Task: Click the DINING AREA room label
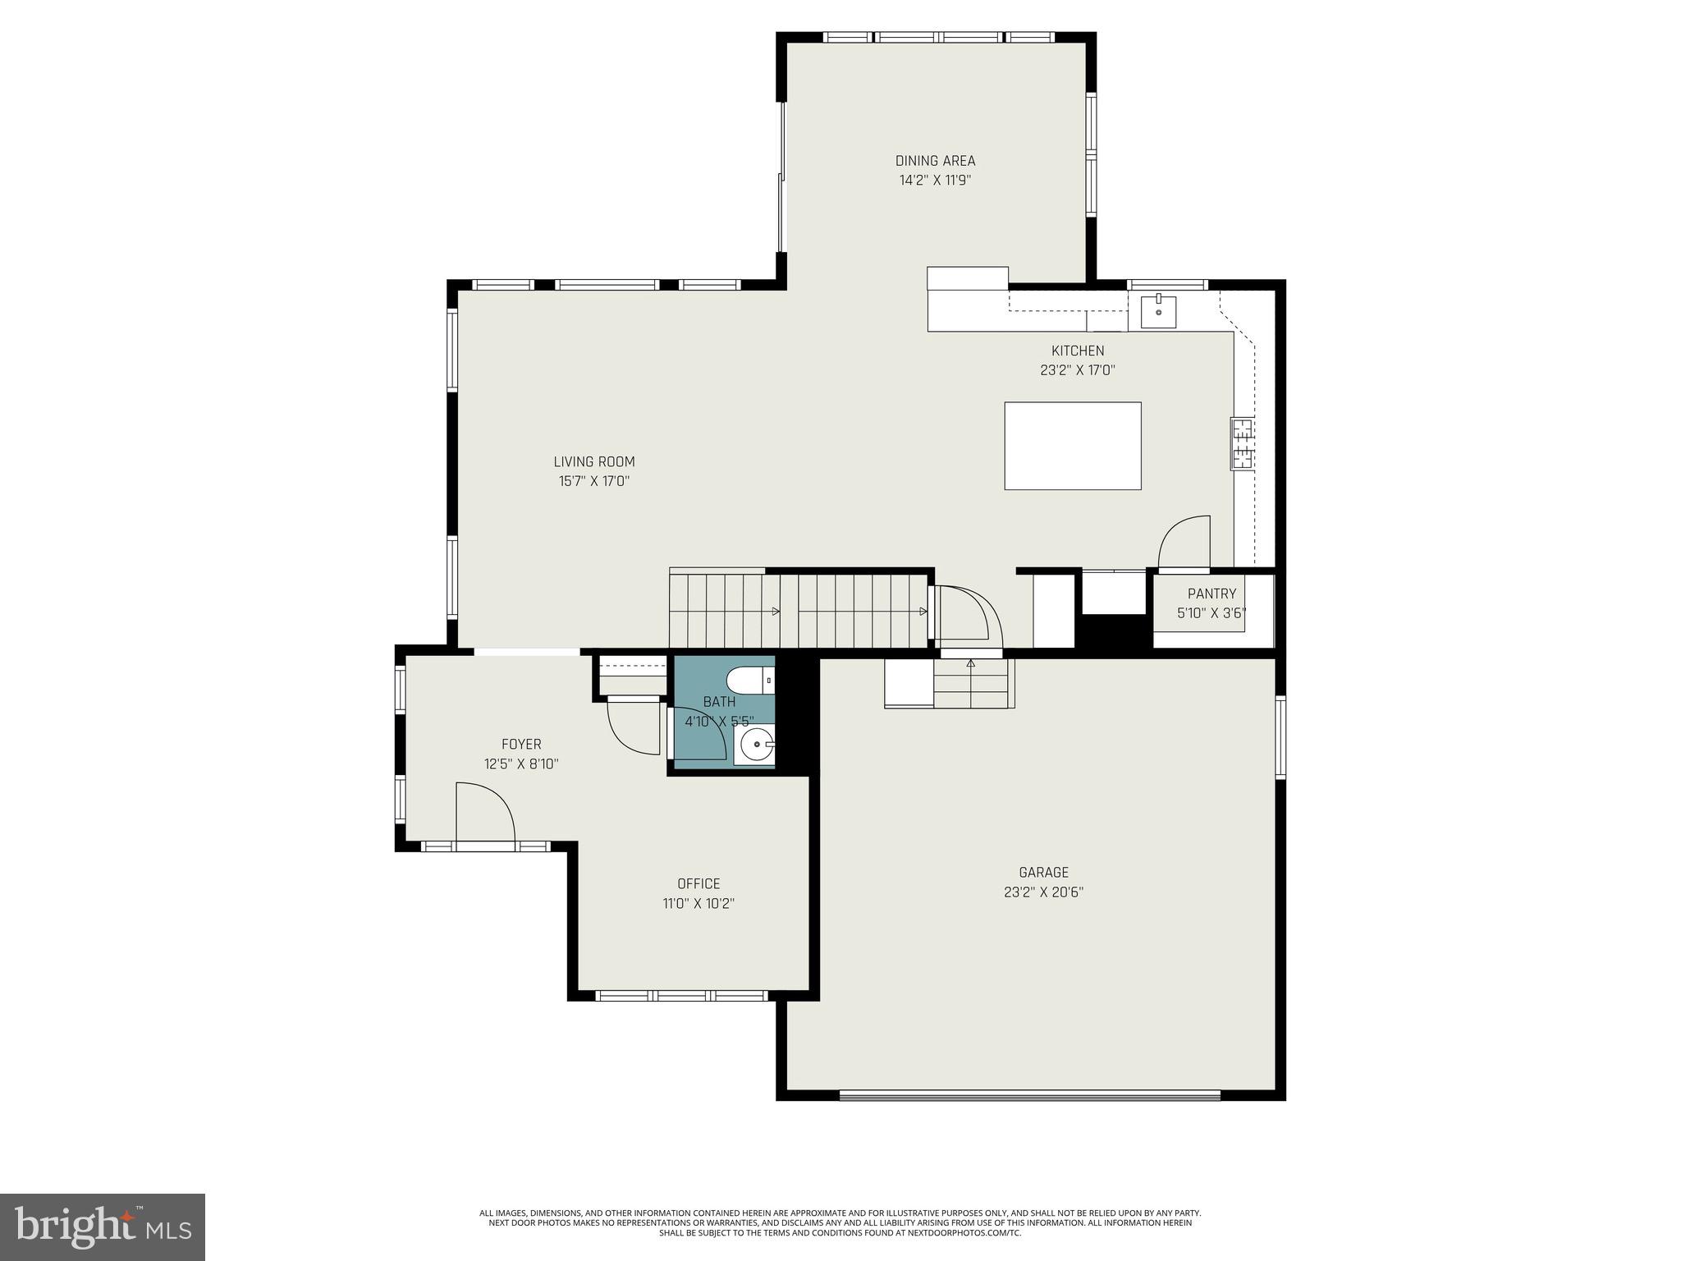[x=935, y=161]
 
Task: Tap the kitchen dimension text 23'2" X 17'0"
[x=1077, y=370]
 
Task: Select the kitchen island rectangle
[x=1072, y=446]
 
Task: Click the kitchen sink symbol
[x=1157, y=312]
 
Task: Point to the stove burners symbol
[x=1241, y=444]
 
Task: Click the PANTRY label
[x=1212, y=594]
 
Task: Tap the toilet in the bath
[x=749, y=680]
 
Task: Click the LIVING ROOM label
[x=593, y=461]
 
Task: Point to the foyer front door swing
[x=484, y=813]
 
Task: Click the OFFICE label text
[x=699, y=883]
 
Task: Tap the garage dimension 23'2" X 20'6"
[x=1043, y=892]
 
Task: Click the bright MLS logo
[x=103, y=1227]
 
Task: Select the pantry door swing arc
[x=1184, y=542]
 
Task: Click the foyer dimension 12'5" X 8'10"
[x=521, y=763]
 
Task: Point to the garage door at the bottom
[x=1029, y=1094]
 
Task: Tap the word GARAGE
[x=1043, y=873]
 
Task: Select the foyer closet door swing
[x=633, y=727]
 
